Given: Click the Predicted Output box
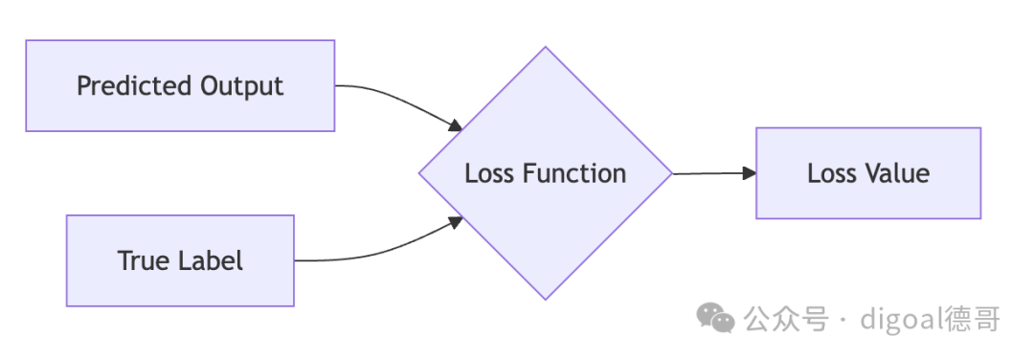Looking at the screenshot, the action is tap(180, 86).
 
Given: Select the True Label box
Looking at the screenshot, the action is tap(180, 260).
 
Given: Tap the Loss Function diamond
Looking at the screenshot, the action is tap(546, 173).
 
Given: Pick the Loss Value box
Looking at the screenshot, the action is tap(868, 172).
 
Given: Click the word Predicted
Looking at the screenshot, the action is tap(134, 86).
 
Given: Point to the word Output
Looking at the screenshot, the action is tap(241, 86).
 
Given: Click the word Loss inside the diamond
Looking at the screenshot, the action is tap(489, 173).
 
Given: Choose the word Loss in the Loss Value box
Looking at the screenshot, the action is tap(831, 172).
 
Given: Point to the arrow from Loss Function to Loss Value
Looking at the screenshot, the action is tap(714, 173).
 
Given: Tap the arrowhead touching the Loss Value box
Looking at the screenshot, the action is tap(749, 172).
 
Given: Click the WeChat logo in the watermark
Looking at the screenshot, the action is tap(716, 319).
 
